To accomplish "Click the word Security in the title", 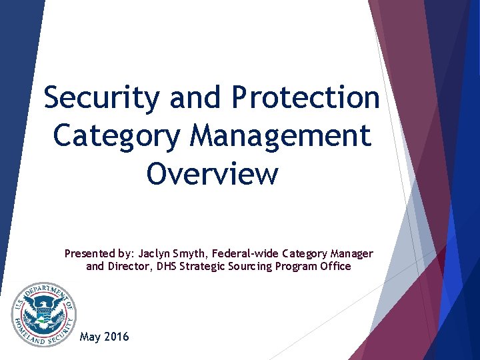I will (x=102, y=99).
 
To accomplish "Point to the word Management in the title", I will (x=280, y=135).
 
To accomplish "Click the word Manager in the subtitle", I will (x=351, y=253).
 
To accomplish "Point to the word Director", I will (x=127, y=266).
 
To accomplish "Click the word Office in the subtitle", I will (x=336, y=266).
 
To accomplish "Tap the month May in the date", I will (x=90, y=337).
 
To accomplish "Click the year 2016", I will (x=117, y=336).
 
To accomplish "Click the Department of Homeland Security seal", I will (x=43, y=314).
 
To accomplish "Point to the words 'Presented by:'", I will (x=99, y=253).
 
